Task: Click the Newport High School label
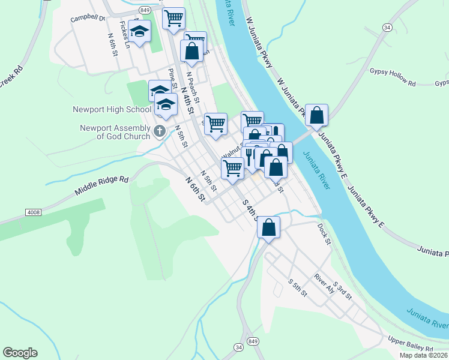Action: click(112, 109)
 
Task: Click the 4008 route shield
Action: click(34, 212)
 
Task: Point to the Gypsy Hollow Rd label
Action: click(393, 83)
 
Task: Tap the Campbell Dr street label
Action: click(88, 18)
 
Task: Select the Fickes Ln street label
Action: click(124, 34)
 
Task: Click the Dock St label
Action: click(325, 234)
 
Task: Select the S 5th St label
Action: click(297, 289)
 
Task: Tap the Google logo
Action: click(20, 352)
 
